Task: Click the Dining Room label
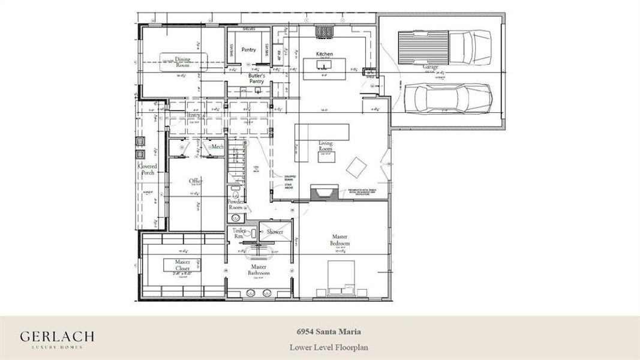[x=183, y=61]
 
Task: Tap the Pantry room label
[x=249, y=50]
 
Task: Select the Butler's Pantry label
[x=257, y=79]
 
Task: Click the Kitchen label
[x=324, y=54]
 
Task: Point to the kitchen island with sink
[x=324, y=67]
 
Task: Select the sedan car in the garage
[x=447, y=98]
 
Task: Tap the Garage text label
[x=430, y=67]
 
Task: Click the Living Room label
[x=326, y=146]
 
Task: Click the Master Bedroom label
[x=339, y=240]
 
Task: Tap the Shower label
[x=275, y=232]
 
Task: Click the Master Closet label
[x=182, y=265]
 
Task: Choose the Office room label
[x=196, y=181]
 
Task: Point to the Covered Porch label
[x=148, y=169]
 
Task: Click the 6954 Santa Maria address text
[x=329, y=331]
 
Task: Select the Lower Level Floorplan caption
[x=329, y=347]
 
